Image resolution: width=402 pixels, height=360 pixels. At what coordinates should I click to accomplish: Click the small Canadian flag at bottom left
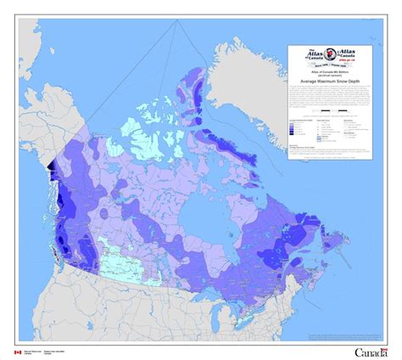17,351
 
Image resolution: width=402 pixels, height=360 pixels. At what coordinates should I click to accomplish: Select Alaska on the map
42,119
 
